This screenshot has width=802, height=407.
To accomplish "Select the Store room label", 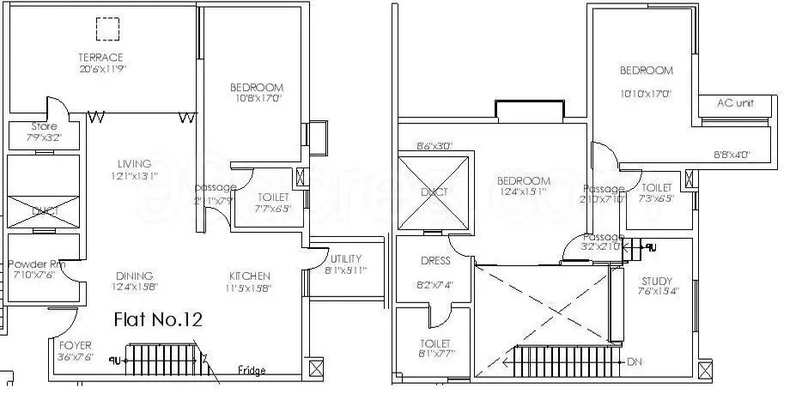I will coord(44,125).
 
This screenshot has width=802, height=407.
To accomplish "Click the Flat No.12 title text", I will coord(158,320).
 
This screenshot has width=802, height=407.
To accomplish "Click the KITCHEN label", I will coord(250,276).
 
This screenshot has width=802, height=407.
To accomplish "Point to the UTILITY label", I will coord(345,258).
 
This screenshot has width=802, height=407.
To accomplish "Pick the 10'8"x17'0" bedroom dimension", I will coord(256,99).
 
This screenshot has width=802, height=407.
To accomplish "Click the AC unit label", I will coord(735,102).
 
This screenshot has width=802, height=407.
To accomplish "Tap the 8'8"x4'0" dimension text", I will coord(732,155).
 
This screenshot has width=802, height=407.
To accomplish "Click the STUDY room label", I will coord(658,281).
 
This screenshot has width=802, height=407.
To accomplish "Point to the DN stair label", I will coord(635,362).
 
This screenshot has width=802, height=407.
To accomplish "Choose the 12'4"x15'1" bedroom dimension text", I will coord(523,192).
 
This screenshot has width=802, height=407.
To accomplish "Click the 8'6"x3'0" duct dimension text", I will coord(434,146).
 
